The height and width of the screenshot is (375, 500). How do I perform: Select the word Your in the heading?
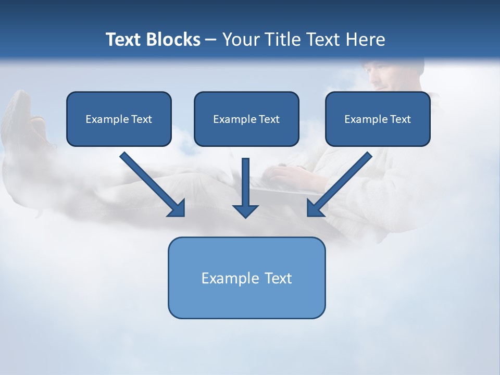coord(241,40)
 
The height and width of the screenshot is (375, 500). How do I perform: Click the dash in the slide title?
coord(211,40)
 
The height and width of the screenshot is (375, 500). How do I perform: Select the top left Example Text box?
coord(119,119)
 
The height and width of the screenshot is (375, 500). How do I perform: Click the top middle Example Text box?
coord(246,119)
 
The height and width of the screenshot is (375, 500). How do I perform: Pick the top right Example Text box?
coord(378,119)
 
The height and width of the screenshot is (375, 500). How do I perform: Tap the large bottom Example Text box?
coord(246,278)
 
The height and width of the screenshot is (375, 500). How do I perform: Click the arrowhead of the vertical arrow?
coord(245,210)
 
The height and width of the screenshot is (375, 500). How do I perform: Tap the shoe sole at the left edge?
coord(19,112)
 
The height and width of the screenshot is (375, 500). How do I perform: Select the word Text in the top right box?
coord(400,119)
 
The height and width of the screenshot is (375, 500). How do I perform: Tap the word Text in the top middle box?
coord(269,119)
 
